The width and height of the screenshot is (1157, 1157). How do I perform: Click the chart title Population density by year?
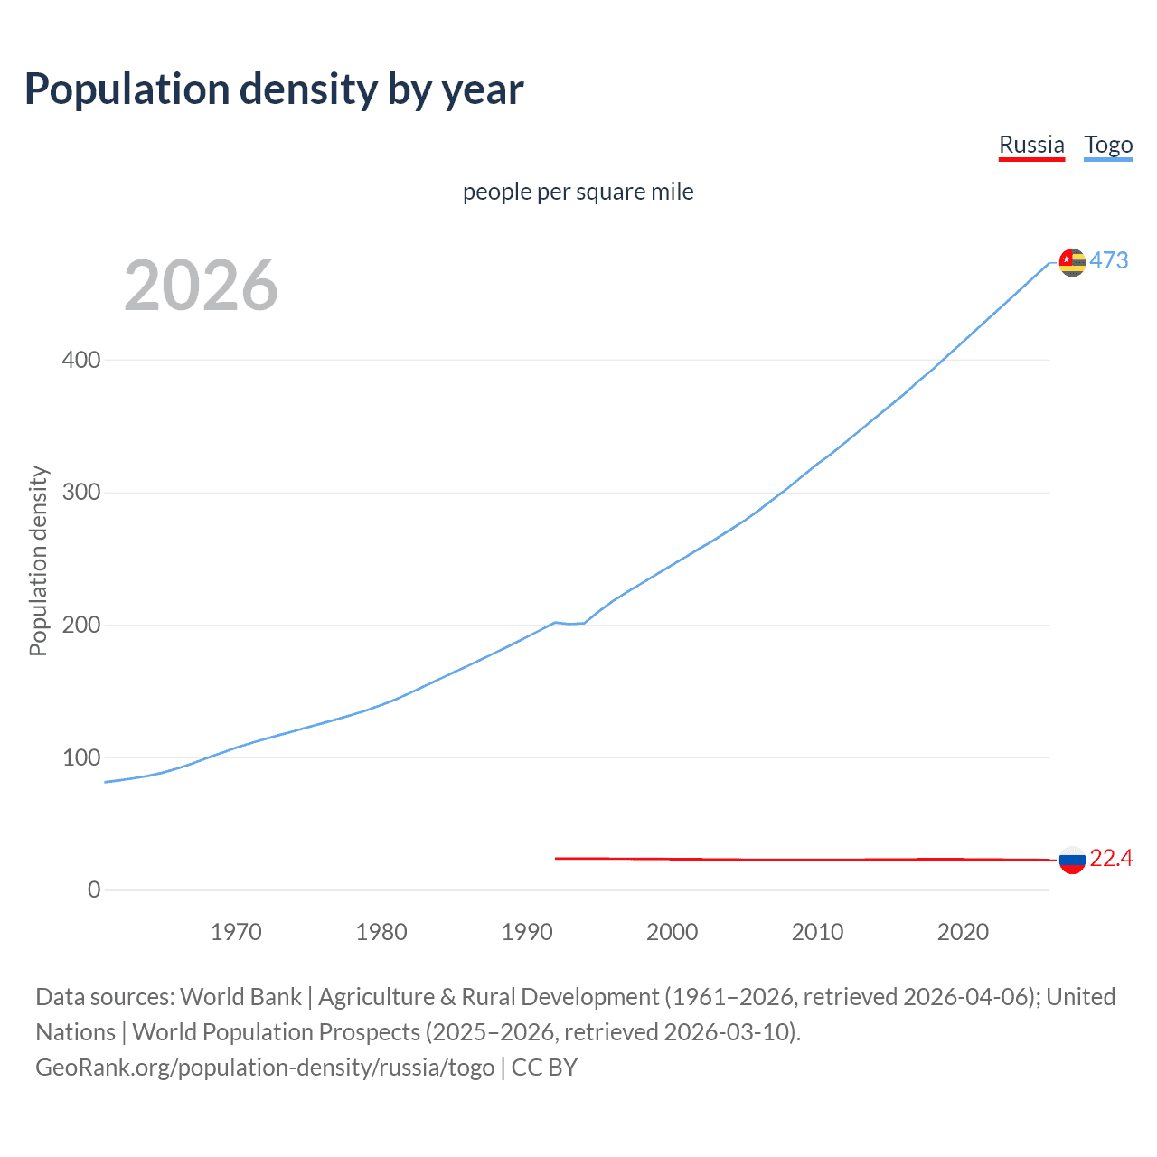pyautogui.click(x=274, y=89)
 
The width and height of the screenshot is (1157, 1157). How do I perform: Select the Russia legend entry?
pyautogui.click(x=1031, y=145)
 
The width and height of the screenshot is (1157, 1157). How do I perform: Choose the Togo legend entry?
pyautogui.click(x=1108, y=145)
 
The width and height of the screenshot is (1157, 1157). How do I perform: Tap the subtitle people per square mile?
pyautogui.click(x=578, y=192)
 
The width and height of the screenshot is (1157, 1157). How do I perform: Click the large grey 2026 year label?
pyautogui.click(x=201, y=286)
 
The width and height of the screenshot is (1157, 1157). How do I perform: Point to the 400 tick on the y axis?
pyautogui.click(x=81, y=360)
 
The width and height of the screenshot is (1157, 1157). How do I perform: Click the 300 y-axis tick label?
pyautogui.click(x=81, y=493)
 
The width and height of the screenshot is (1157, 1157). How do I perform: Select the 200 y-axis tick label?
pyautogui.click(x=81, y=626)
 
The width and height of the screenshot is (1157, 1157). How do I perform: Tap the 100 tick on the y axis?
pyautogui.click(x=81, y=757)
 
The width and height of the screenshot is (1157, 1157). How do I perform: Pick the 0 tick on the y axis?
pyautogui.click(x=94, y=890)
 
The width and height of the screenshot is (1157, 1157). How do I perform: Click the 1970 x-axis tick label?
pyautogui.click(x=236, y=932)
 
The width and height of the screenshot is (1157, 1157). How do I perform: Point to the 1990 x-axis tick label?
pyautogui.click(x=527, y=932)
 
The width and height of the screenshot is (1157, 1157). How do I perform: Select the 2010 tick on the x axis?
pyautogui.click(x=817, y=932)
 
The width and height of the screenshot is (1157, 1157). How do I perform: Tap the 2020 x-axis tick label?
pyautogui.click(x=963, y=932)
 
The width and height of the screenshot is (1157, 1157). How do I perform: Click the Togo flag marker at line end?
pyautogui.click(x=1072, y=262)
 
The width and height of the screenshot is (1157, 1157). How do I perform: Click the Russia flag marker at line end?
pyautogui.click(x=1072, y=860)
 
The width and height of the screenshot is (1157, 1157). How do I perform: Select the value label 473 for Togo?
pyautogui.click(x=1109, y=260)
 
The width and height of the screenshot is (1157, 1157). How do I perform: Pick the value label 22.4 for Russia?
pyautogui.click(x=1111, y=858)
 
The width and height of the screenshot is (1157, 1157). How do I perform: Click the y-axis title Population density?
pyautogui.click(x=38, y=560)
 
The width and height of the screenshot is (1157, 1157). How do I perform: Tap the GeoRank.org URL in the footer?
pyautogui.click(x=265, y=1068)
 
